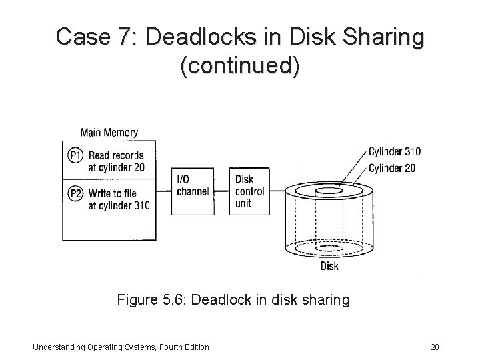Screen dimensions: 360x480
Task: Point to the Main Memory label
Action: point(109,132)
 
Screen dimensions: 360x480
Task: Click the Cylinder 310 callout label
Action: point(395,152)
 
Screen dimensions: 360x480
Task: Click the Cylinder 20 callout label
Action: point(392,167)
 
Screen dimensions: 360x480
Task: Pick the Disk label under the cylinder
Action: point(329,266)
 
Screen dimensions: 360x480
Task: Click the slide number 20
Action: point(436,346)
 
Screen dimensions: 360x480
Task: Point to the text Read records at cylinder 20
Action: point(117,161)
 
